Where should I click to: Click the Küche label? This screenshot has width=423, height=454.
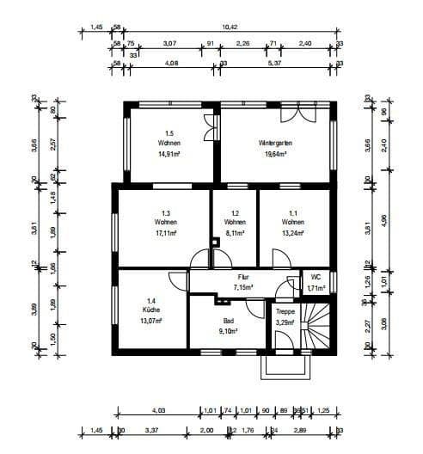pyautogui.click(x=151, y=309)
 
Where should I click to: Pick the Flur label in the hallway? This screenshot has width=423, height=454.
pyautogui.click(x=243, y=278)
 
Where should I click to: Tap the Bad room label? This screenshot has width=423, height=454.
pyautogui.click(x=229, y=319)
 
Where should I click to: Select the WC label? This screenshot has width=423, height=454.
pyautogui.click(x=317, y=278)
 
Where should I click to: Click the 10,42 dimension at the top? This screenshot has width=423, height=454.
pyautogui.click(x=230, y=28)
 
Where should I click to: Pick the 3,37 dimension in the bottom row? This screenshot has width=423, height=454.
pyautogui.click(x=151, y=430)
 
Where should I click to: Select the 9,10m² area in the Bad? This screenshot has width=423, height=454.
pyautogui.click(x=229, y=330)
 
